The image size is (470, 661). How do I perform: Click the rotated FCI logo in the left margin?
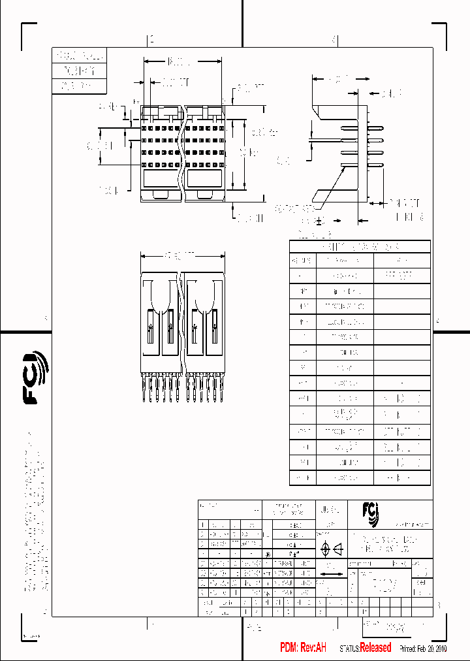click(36, 377)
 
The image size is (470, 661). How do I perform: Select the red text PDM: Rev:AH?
click(303, 647)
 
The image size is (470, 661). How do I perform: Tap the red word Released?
click(375, 647)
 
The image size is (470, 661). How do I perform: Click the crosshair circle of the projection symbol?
click(326, 549)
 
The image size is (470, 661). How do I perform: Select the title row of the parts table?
click(360, 246)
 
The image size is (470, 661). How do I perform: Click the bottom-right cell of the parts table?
click(401, 478)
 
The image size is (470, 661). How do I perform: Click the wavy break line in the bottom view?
click(181, 320)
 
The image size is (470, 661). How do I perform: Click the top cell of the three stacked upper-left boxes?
click(78, 56)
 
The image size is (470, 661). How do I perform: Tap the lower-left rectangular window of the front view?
click(160, 178)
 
